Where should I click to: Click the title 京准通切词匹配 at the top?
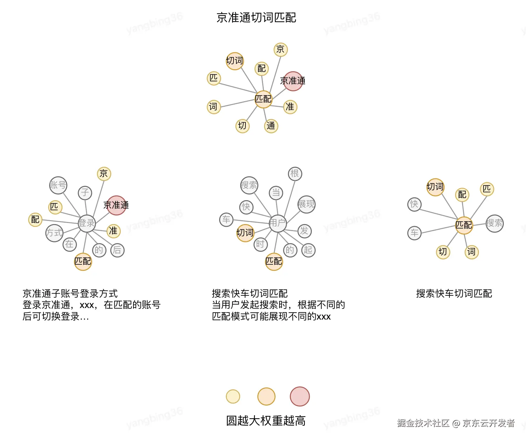256,18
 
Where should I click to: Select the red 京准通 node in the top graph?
293,81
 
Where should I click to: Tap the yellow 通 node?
271,126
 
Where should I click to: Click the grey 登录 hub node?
87,223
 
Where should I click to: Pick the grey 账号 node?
58,185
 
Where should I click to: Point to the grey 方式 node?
54,233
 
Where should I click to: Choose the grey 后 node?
117,250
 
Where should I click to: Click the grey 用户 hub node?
278,223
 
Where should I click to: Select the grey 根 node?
295,173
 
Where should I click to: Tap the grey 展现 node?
306,204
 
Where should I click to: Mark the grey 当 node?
276,192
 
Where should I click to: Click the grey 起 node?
308,250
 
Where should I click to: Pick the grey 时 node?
261,244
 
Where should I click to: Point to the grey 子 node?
85,192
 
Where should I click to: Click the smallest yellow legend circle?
233,397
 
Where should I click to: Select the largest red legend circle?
300,397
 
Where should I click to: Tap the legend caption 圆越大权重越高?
266,421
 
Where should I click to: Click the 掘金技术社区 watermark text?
423,423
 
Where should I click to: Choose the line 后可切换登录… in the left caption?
56,316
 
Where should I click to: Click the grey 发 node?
304,231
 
